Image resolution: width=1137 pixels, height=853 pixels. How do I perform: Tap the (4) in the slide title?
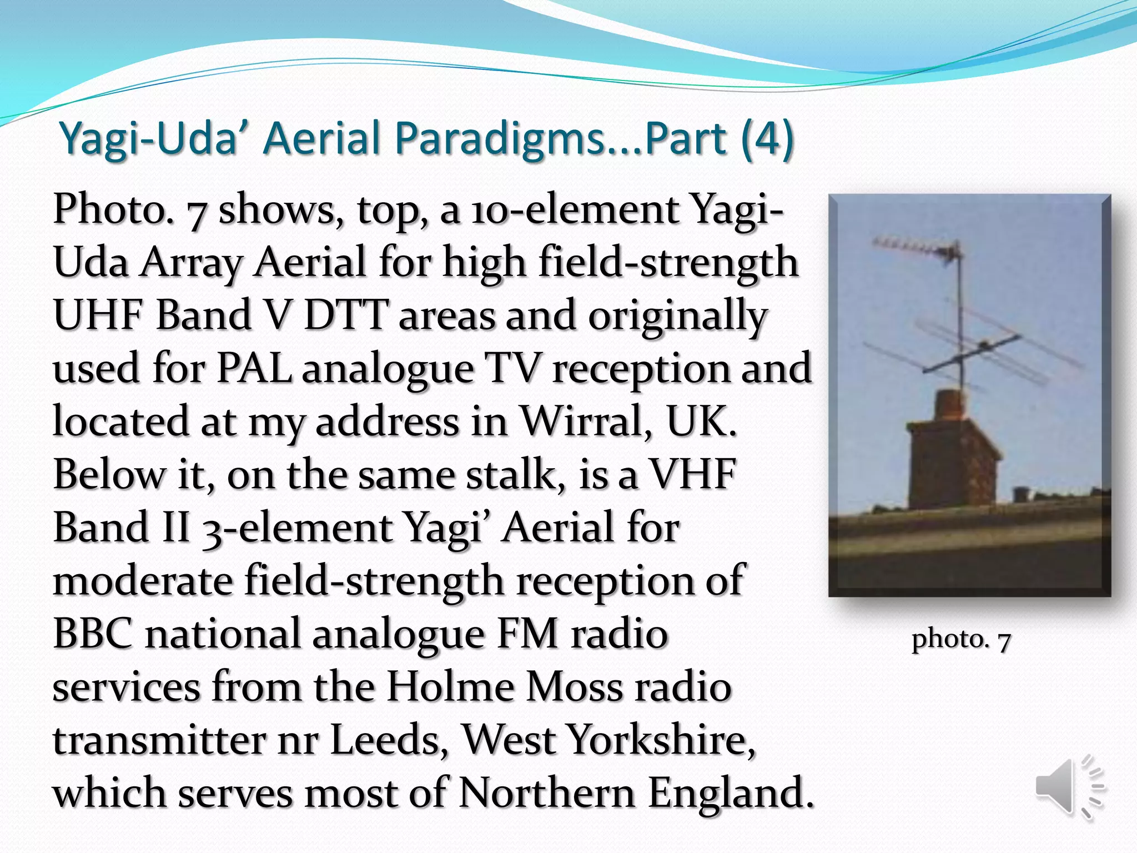pos(767,139)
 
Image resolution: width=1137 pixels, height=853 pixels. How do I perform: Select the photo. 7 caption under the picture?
pos(961,639)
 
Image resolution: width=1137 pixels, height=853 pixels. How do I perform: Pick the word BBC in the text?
pos(93,634)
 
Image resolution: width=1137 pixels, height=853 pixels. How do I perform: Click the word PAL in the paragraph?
pos(255,368)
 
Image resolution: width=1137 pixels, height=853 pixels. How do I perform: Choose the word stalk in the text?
pos(516,474)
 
